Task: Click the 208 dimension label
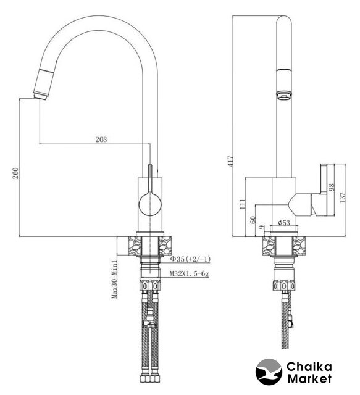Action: click(101, 139)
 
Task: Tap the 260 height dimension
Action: click(15, 173)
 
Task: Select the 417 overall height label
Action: click(230, 160)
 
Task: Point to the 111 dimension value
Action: click(242, 204)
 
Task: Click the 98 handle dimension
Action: click(332, 187)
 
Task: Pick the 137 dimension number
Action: click(342, 197)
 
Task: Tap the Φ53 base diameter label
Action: click(284, 222)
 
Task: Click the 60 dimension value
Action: click(253, 220)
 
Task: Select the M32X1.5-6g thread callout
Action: click(189, 273)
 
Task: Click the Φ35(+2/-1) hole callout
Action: click(190, 259)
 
